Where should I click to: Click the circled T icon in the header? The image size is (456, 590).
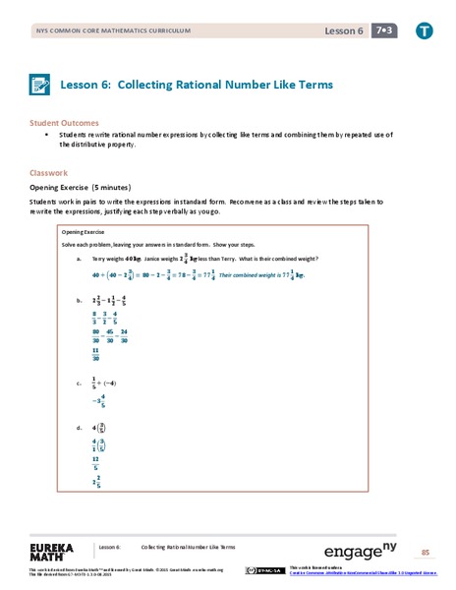click(425, 30)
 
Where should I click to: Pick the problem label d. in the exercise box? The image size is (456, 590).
click(78, 429)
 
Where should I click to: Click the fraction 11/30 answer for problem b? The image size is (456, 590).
click(96, 354)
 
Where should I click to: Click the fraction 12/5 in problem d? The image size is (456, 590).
click(96, 461)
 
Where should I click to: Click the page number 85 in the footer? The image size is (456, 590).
click(426, 553)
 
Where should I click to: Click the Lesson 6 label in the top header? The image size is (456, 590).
click(344, 31)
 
